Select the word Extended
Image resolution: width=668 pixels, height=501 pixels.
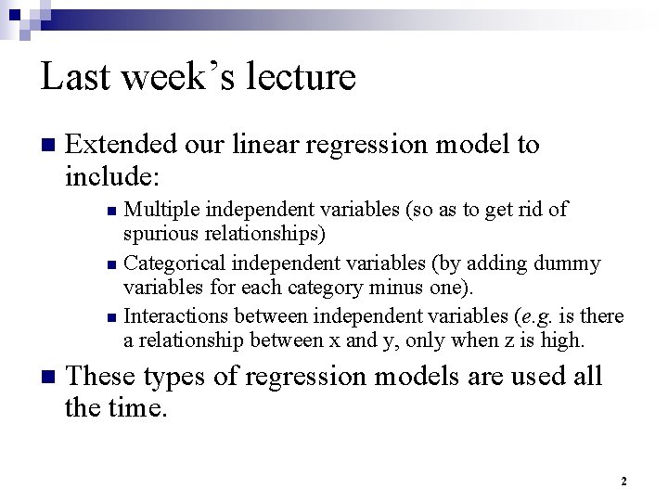[122, 145]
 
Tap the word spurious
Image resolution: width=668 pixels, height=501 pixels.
[160, 231]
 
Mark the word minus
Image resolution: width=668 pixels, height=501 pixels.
[395, 286]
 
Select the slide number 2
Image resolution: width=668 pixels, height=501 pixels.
[623, 482]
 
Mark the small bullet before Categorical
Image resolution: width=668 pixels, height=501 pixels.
[111, 265]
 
